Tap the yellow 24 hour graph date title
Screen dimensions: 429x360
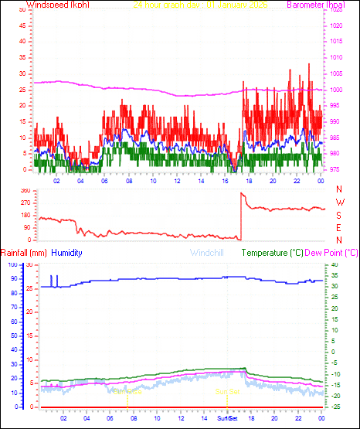(x=189, y=5)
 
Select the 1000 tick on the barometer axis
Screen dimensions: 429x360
(x=337, y=90)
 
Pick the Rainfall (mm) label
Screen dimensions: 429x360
(x=24, y=253)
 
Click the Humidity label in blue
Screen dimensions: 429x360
(x=66, y=253)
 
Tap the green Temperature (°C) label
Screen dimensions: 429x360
(x=273, y=253)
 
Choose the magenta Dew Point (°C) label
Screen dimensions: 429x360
(x=332, y=253)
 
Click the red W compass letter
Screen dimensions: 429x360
(x=338, y=203)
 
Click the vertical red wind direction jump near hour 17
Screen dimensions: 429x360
(x=240, y=216)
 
